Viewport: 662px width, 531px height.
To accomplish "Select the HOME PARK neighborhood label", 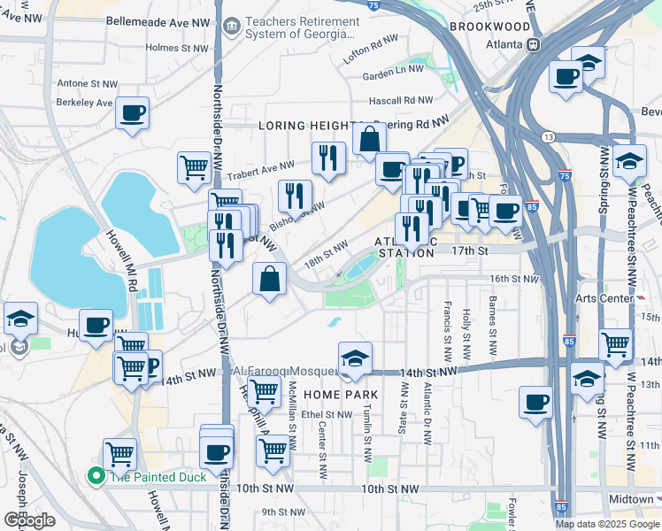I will [341, 395].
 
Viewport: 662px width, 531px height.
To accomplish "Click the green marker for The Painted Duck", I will [96, 477].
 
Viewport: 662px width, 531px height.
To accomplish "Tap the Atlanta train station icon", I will [534, 44].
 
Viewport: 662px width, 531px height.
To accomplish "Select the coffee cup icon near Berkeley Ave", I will [132, 113].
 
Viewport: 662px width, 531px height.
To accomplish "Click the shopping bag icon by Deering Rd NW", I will [369, 139].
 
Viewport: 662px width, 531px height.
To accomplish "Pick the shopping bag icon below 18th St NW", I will [270, 279].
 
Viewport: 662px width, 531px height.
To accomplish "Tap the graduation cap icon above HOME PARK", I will [355, 358].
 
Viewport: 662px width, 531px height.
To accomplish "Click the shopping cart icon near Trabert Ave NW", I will [194, 166].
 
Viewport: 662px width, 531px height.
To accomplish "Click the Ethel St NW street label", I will [325, 414].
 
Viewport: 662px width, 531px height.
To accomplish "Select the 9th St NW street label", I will [282, 512].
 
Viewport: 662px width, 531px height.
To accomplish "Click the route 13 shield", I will [549, 136].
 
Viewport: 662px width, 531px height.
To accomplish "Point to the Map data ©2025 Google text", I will [606, 524].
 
